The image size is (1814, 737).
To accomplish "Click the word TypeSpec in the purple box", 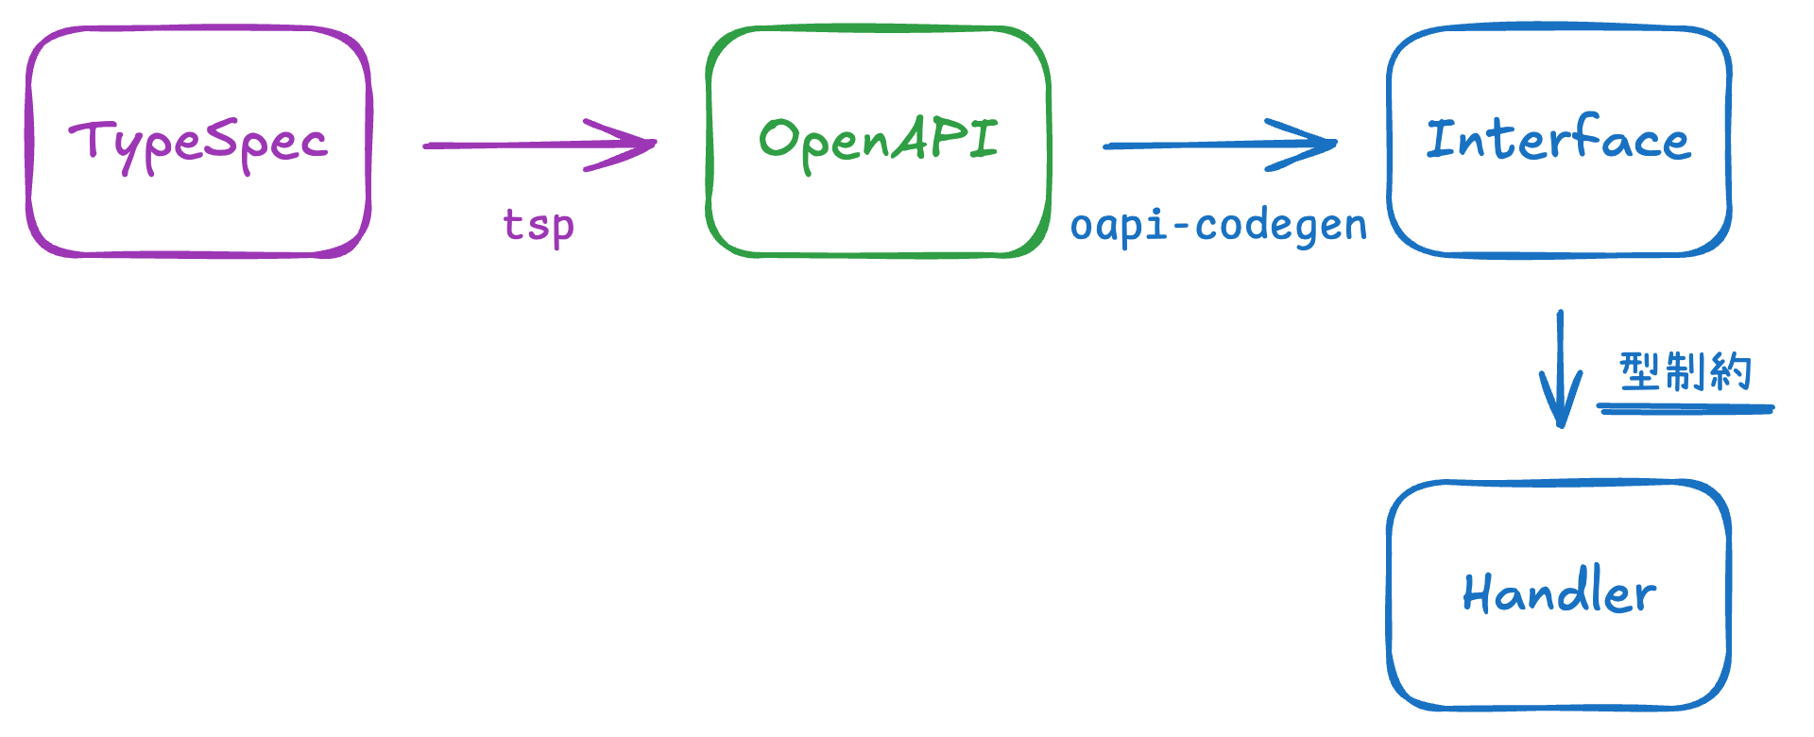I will [x=198, y=143].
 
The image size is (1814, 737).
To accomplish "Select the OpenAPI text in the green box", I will [x=879, y=141].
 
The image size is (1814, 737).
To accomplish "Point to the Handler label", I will [x=1559, y=593].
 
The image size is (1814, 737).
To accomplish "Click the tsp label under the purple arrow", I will [x=539, y=226].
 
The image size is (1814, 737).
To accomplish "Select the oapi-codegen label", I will [x=1218, y=226].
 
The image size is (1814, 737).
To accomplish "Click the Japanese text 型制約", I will [x=1686, y=370].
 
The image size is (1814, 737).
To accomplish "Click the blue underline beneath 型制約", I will [x=1686, y=409].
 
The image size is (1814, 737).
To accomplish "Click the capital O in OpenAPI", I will [x=779, y=139].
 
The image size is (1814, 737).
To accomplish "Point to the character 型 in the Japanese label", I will [x=1639, y=370].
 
